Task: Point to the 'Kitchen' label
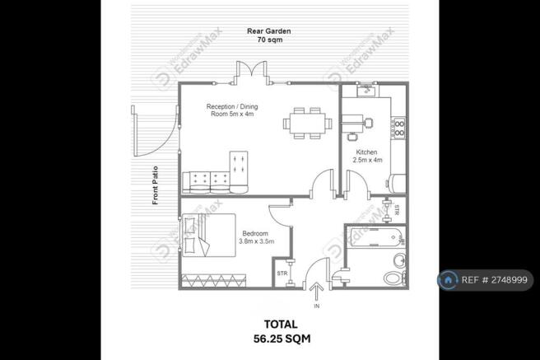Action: click(366, 153)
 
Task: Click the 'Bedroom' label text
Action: click(254, 234)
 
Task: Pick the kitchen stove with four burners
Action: click(399, 128)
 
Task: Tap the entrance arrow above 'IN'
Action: click(315, 292)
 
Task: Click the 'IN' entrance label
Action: click(315, 306)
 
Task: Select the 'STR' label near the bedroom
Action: click(282, 273)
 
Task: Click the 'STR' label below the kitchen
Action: click(396, 209)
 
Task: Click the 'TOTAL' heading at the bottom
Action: click(270, 324)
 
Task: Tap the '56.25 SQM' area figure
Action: click(270, 339)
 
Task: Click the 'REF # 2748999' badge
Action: click(485, 280)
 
